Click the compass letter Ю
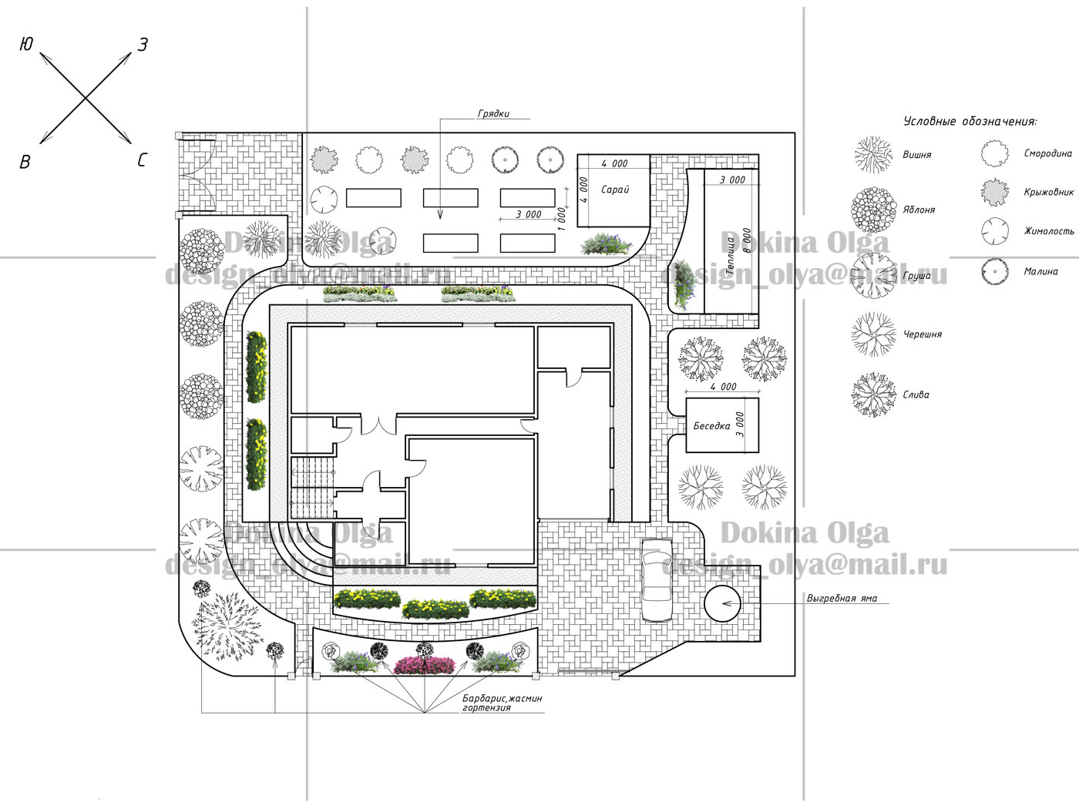pos(26,44)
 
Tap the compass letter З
pos(143,45)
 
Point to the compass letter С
pos(142,159)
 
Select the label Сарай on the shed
pos(615,190)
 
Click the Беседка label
pos(711,426)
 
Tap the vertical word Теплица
pos(730,256)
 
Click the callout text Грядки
pos(493,114)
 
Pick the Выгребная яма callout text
pos(842,599)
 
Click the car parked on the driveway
pos(657,580)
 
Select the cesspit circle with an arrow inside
pos(722,604)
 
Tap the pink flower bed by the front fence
pos(425,665)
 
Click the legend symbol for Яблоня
pos(873,210)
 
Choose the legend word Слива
pos(916,394)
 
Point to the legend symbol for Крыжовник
pos(994,192)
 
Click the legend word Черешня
pos(923,334)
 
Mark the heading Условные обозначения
pos(970,121)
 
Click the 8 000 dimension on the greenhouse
pos(747,240)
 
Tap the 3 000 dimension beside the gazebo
pos(740,425)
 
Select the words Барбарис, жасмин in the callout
pos(502,699)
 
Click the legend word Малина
pos(1040,272)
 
